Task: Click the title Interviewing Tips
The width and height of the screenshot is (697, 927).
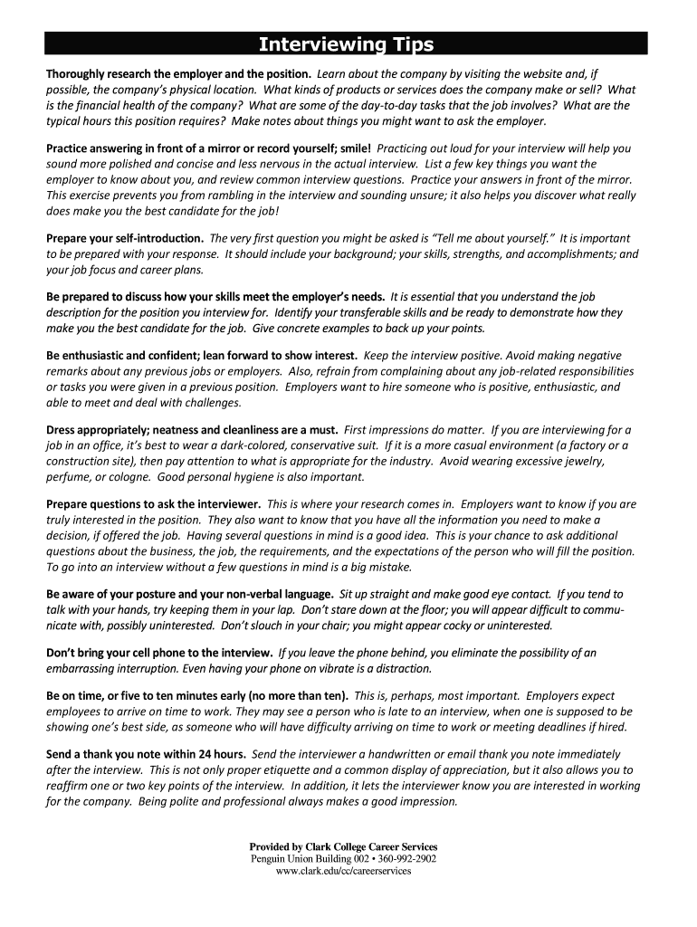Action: coord(347,44)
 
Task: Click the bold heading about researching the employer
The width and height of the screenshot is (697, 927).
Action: coord(179,74)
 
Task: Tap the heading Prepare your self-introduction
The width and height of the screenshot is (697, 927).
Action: coord(126,239)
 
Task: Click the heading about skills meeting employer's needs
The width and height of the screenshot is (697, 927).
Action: coord(215,297)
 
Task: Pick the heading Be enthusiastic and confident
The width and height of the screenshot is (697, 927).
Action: coord(202,356)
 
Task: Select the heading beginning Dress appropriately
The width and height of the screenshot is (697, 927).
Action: coord(192,430)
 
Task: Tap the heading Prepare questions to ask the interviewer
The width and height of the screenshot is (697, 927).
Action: coord(154,504)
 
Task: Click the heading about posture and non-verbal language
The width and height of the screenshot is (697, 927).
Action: coord(189,595)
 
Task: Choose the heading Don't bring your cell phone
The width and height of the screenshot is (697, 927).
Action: coord(159,653)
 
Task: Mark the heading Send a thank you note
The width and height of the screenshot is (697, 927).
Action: coord(146,754)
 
